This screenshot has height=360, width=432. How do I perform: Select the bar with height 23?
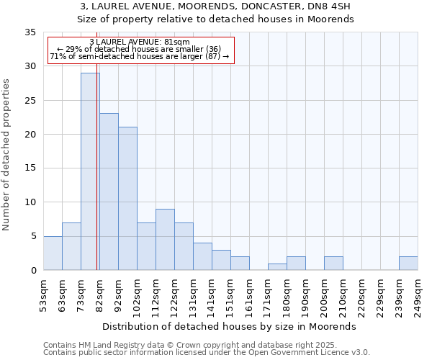tap(109, 192)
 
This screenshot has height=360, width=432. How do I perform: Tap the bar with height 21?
tap(127, 199)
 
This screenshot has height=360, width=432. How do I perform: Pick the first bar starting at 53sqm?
tap(53, 253)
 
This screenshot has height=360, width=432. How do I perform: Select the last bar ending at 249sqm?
tap(408, 263)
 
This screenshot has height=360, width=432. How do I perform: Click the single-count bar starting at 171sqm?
tap(277, 266)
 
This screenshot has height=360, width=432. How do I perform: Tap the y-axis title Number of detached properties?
tap(7, 155)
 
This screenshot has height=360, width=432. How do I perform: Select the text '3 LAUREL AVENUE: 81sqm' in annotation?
tap(140, 42)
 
